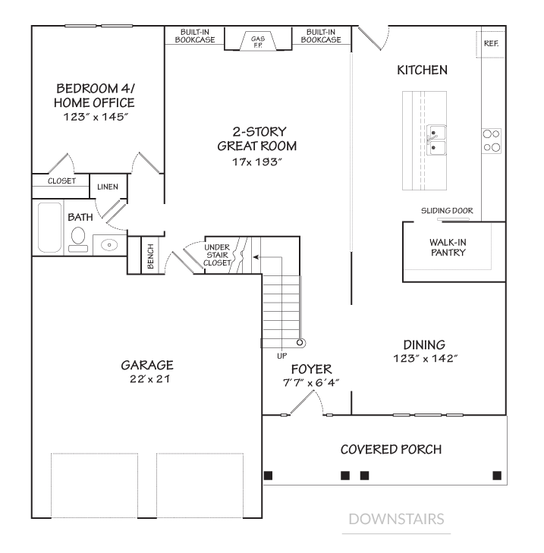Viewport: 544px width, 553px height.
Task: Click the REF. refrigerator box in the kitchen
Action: tap(490, 44)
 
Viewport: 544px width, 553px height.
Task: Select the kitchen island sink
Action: tap(436, 140)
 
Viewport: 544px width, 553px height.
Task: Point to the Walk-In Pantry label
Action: tap(447, 247)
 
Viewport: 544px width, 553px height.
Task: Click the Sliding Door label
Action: tap(447, 211)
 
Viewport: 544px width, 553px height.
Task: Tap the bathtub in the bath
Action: tap(50, 227)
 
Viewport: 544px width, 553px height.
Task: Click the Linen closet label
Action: tap(107, 187)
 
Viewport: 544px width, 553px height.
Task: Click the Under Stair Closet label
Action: tap(219, 255)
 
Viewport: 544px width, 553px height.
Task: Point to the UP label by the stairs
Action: tap(282, 355)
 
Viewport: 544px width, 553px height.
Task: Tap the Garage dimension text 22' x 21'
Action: tap(147, 379)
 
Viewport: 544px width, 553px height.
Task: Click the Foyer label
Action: tap(311, 369)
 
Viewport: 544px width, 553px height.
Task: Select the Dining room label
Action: tap(424, 344)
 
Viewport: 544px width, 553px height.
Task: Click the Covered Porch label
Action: tap(391, 449)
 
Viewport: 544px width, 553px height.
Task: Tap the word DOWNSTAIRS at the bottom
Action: tap(396, 520)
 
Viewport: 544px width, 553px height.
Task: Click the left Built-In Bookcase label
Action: tap(196, 36)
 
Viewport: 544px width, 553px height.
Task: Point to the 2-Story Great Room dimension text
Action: tap(256, 162)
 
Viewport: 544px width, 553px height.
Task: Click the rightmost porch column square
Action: tap(497, 476)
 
